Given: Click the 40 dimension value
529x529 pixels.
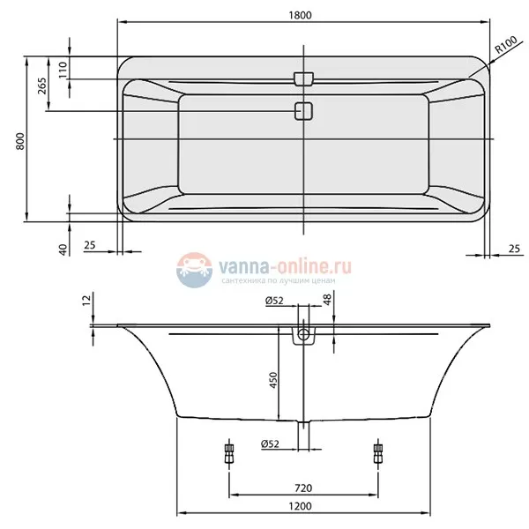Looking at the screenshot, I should click(63, 250).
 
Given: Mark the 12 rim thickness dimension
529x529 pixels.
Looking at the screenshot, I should click(86, 303).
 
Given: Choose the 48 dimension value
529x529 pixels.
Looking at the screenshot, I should click(327, 303).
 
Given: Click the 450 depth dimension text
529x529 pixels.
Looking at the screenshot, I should click(273, 381).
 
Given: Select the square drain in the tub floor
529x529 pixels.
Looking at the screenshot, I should click(303, 111).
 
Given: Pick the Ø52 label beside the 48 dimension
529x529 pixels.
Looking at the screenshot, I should click(273, 302).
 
